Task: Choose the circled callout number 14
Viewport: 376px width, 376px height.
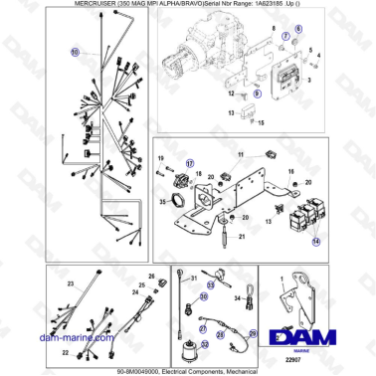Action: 316,242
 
